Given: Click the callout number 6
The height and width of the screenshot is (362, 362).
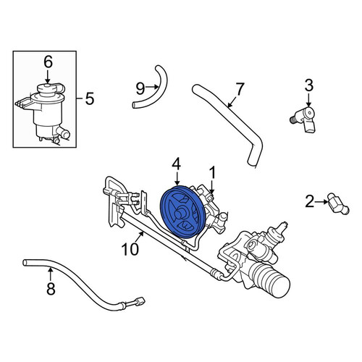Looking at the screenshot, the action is pos(48,62).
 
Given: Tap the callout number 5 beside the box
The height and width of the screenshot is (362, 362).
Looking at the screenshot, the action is pos(89,98).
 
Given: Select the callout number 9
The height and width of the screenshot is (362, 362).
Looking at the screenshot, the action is pos(140,88).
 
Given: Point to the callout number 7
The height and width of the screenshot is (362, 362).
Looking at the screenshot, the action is pos(240,88).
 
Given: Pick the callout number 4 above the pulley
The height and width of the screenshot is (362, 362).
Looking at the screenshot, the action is pos(177,164).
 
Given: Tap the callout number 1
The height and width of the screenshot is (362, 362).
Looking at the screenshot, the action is pos(212,172).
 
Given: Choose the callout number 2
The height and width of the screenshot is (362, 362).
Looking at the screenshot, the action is pos(310,201).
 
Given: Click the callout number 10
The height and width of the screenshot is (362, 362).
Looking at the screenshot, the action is pos(130,249).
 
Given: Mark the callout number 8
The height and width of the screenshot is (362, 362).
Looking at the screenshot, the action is pos(51,289).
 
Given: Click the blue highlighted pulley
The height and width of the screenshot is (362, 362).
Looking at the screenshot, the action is pos(182,212).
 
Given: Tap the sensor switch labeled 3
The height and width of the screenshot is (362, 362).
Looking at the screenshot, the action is pos(303,119).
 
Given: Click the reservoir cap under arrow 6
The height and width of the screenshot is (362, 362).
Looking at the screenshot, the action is pos(47,90).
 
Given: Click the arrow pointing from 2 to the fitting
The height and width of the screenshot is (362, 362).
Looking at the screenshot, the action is pos(321,202).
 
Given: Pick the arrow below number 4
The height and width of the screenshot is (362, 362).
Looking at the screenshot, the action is pos(177,178).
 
